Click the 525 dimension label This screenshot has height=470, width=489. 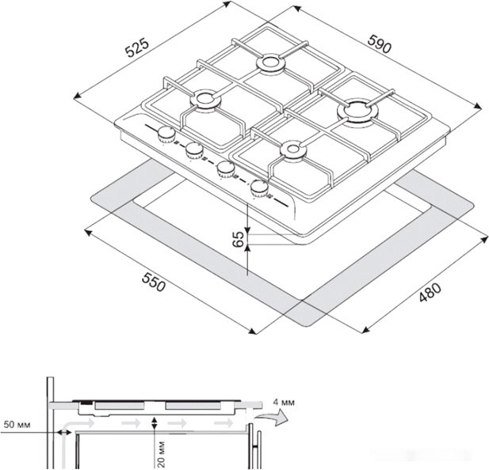[138, 47]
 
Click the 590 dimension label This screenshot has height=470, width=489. [379, 44]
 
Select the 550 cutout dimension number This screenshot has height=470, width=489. [154, 282]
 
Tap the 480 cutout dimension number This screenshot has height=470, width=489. [430, 292]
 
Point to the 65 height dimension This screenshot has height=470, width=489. [239, 239]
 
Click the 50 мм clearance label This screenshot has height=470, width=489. [17, 424]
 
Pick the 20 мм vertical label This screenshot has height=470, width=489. [161, 454]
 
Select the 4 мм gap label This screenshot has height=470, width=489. [284, 403]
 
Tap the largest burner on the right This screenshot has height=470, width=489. [357, 112]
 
